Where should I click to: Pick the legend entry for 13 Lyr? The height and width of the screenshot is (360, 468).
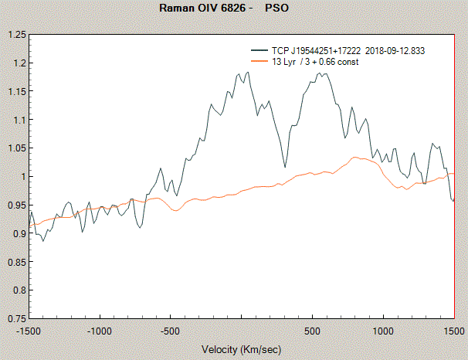pyautogui.click(x=315, y=61)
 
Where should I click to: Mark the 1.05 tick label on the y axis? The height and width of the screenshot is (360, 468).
pyautogui.click(x=16, y=148)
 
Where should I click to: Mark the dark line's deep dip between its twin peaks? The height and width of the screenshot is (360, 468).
pyautogui.click(x=284, y=167)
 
